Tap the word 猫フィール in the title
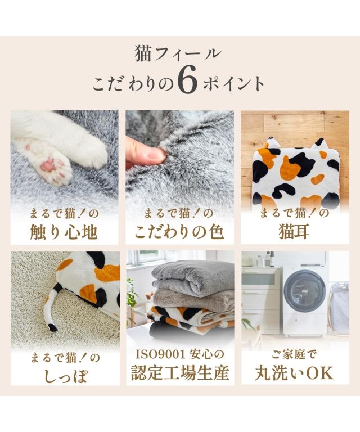click(x=178, y=53)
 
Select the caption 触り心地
click(x=64, y=232)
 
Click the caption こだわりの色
click(x=179, y=232)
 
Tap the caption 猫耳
click(x=294, y=232)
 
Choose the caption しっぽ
click(x=66, y=376)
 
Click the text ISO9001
click(x=160, y=355)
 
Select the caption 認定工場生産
click(x=180, y=373)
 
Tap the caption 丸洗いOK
click(x=294, y=373)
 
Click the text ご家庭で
click(x=294, y=355)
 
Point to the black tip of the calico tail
click(x=53, y=327)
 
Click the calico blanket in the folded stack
click(x=190, y=317)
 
